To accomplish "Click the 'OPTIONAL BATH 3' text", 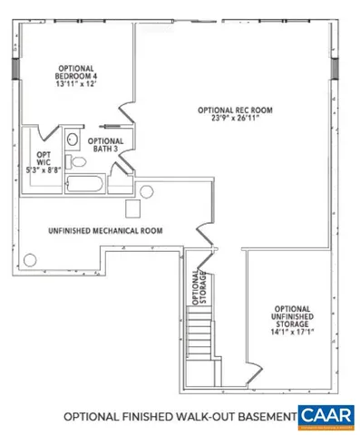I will [105, 145].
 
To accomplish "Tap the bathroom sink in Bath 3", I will [73, 140].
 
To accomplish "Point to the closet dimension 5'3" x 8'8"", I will [44, 169].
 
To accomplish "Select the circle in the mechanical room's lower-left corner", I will [31, 259].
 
